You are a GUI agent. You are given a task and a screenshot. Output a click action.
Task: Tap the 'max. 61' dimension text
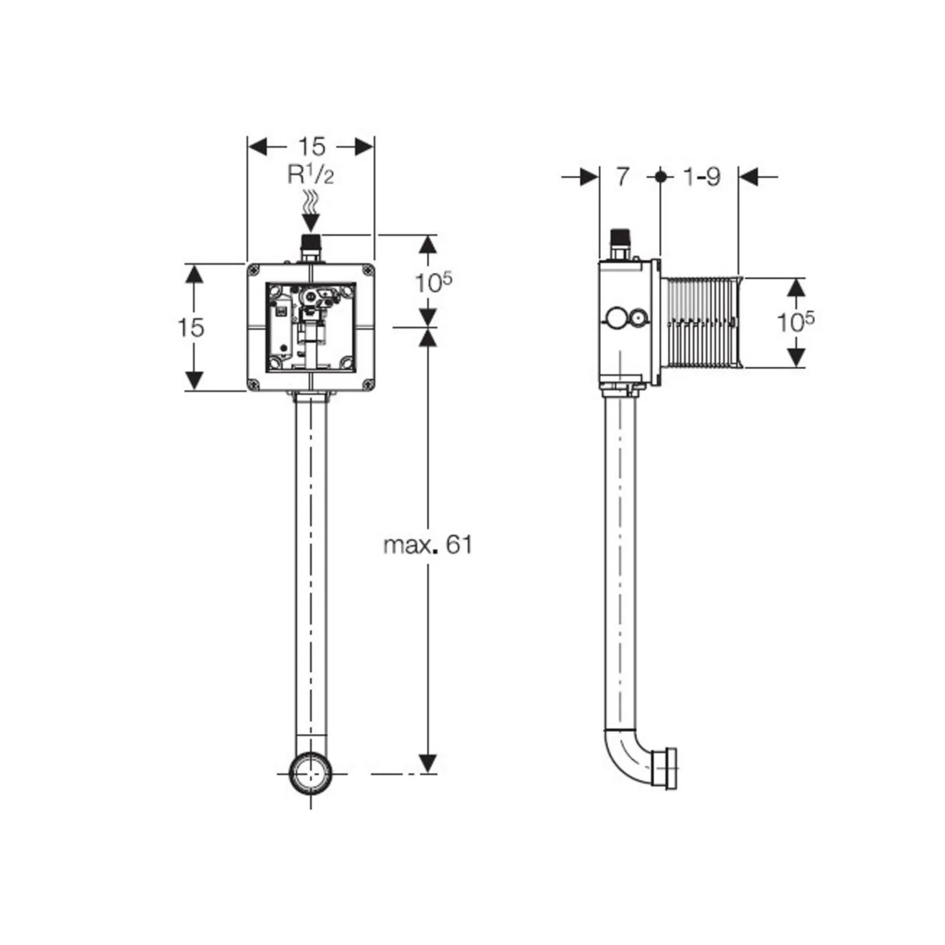pyautogui.click(x=429, y=545)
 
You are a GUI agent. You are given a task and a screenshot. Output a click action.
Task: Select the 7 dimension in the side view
pyautogui.click(x=621, y=177)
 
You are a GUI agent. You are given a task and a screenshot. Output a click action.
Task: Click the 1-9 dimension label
pyautogui.click(x=702, y=177)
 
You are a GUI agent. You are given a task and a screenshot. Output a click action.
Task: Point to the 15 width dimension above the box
pyautogui.click(x=311, y=146)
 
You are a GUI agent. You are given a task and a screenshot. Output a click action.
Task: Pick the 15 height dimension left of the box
pyautogui.click(x=191, y=327)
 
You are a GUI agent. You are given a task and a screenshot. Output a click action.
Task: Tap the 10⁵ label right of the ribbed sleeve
pyautogui.click(x=796, y=321)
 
